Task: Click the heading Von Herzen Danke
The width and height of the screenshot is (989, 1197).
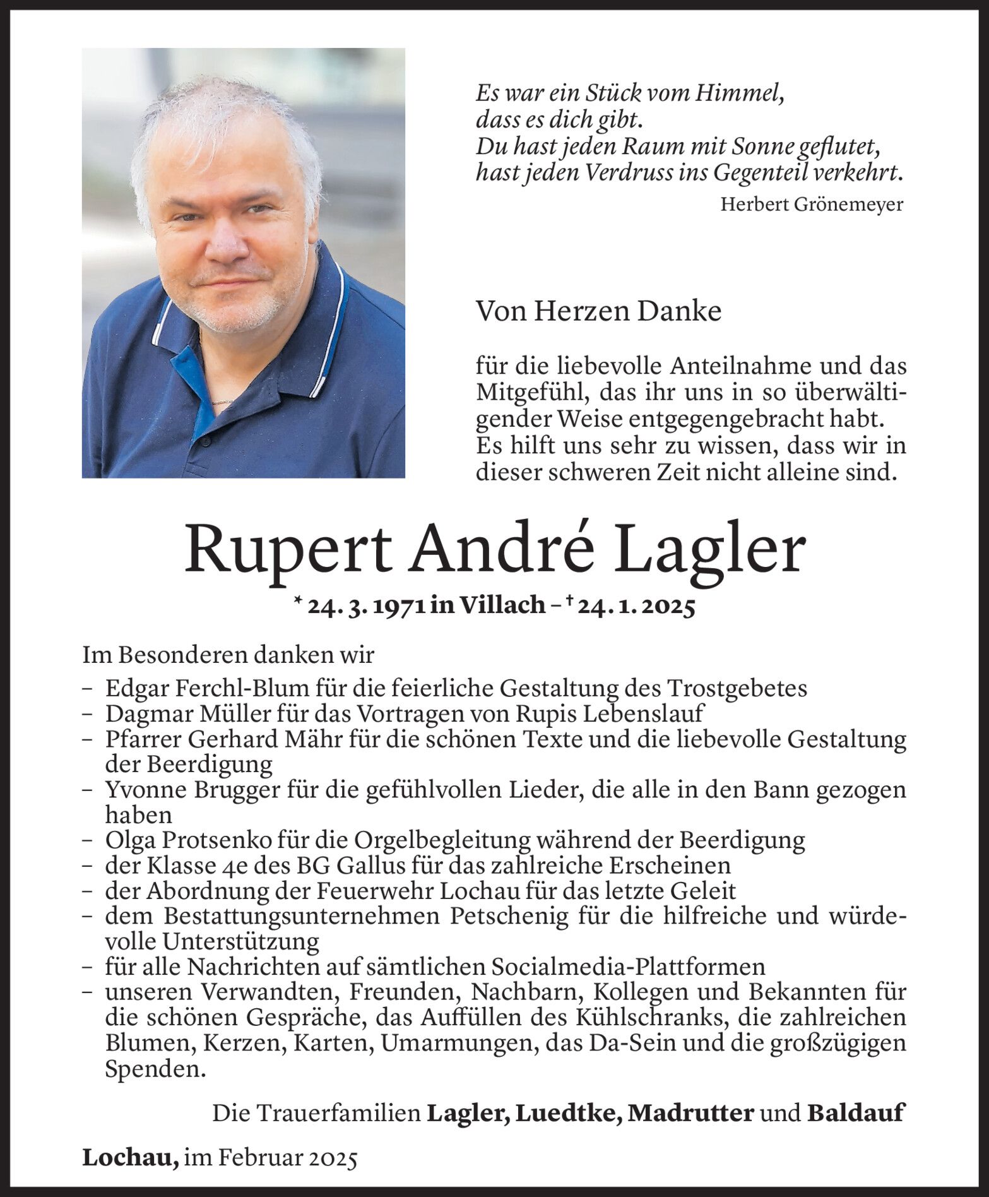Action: tap(598, 311)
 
